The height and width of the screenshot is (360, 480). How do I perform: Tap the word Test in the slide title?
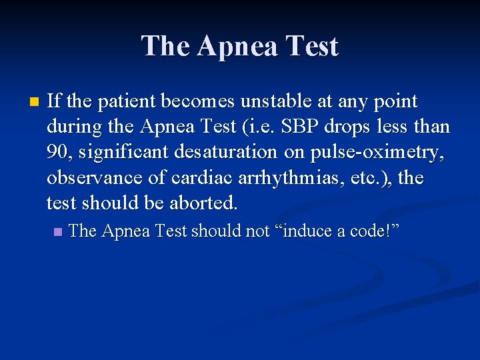point(313,47)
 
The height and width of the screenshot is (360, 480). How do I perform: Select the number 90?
point(59,153)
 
